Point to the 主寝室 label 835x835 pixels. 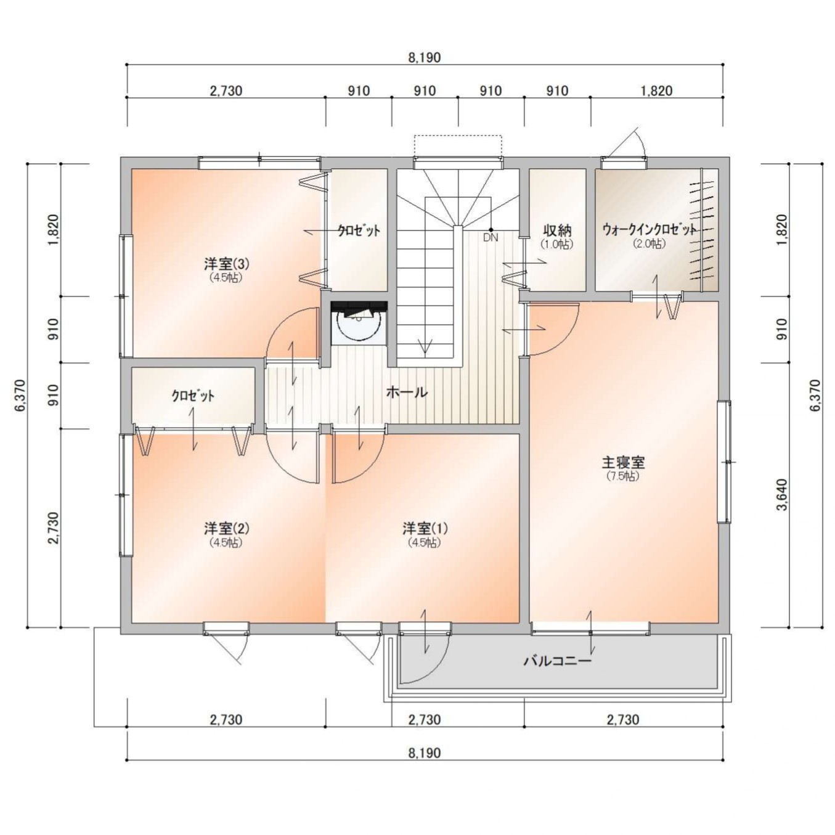(624, 462)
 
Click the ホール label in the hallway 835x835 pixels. (407, 393)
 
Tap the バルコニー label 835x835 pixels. (558, 661)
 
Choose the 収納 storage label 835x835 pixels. (557, 230)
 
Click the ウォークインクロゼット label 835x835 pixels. (650, 230)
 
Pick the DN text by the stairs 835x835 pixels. (491, 237)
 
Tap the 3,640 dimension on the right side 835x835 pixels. (783, 494)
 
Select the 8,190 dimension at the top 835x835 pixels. (425, 57)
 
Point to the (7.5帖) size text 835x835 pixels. (624, 476)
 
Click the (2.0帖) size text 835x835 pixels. (650, 244)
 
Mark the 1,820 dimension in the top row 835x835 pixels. (657, 91)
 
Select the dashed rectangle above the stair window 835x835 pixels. (458, 146)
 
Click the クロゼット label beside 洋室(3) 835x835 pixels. (359, 230)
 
